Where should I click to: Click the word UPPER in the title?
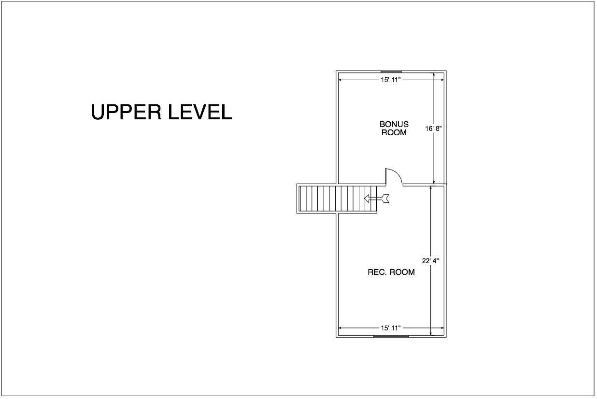point(126,112)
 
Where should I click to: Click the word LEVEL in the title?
point(200,112)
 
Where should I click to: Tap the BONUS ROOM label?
point(394,128)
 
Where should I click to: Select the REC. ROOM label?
point(391,272)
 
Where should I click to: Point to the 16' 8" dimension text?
point(433,129)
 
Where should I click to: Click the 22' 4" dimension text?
point(430,261)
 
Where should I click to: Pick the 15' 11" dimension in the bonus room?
point(391,80)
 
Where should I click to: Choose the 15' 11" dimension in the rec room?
point(391,328)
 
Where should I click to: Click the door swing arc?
point(398,173)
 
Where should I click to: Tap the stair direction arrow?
point(376,199)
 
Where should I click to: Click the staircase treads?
point(338,199)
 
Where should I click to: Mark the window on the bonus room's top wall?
point(391,71)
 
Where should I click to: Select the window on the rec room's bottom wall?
point(391,336)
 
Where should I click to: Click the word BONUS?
point(394,124)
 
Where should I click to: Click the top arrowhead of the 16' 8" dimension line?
point(434,75)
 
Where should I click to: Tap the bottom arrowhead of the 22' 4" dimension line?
point(431,333)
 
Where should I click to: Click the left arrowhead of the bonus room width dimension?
point(341,80)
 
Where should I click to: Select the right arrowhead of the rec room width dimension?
point(442,328)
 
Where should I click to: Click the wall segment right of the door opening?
point(424,185)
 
